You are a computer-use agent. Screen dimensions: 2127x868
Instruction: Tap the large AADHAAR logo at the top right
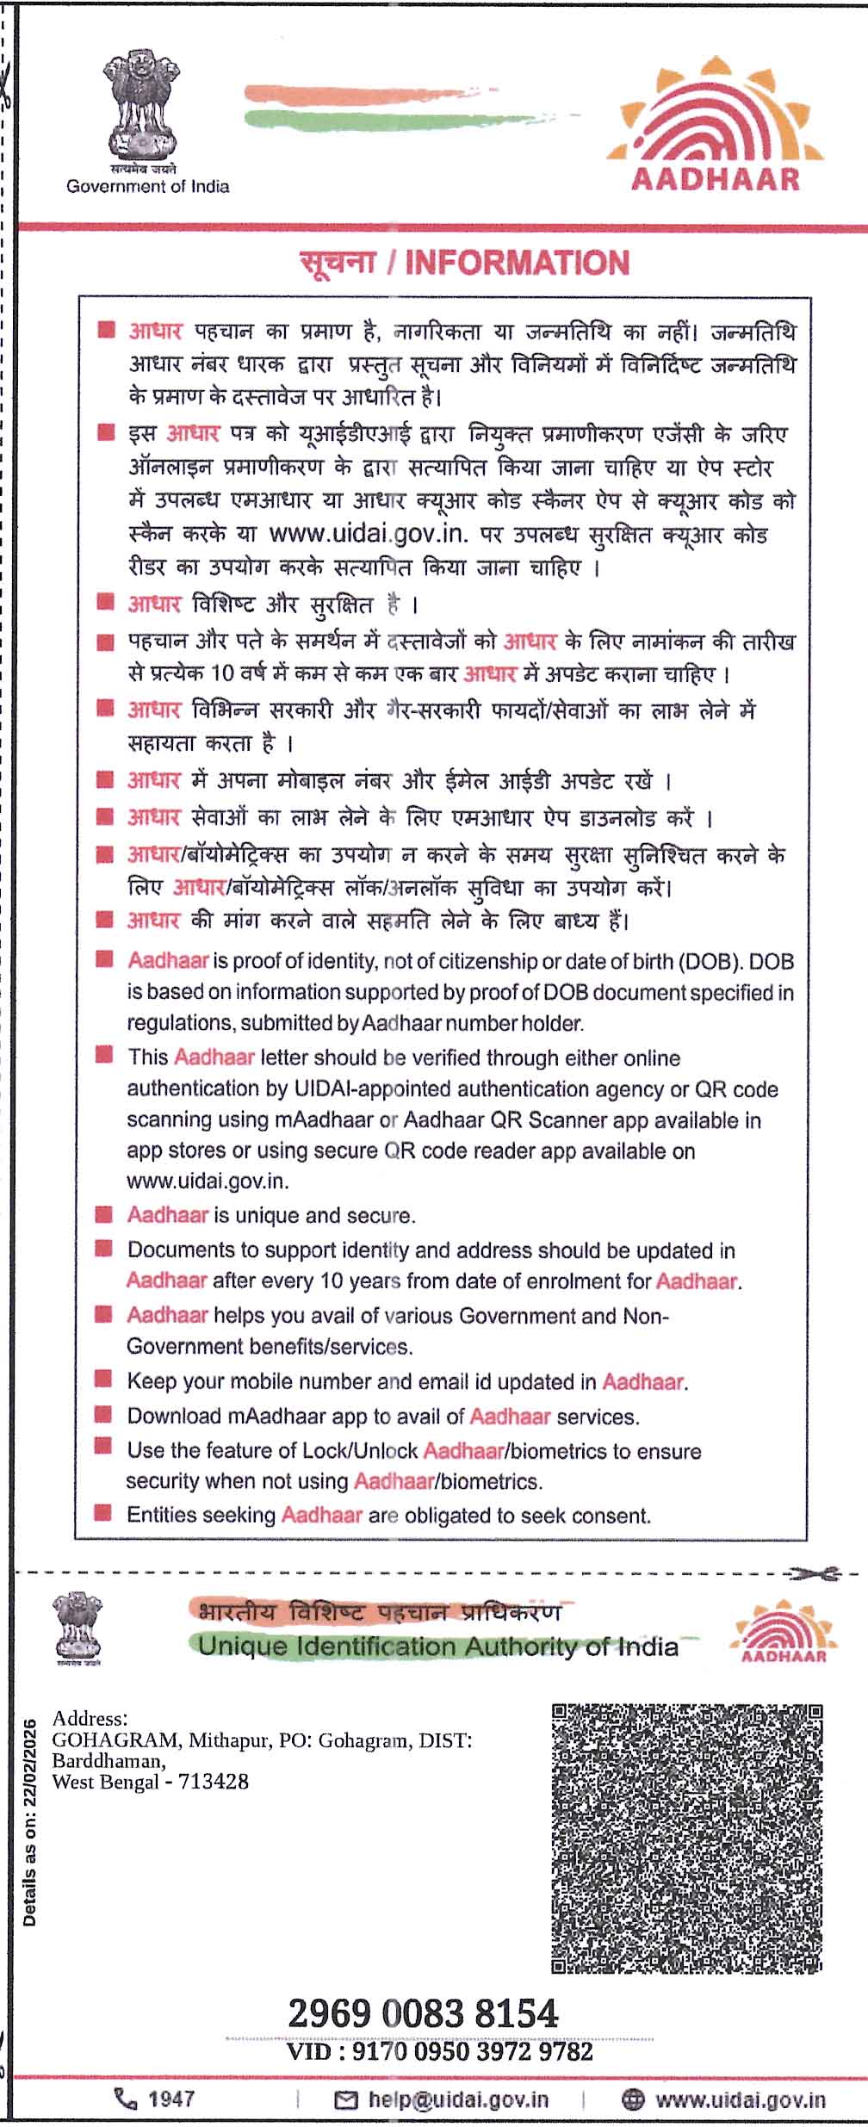point(716,125)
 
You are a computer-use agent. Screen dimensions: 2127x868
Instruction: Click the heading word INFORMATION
point(517,263)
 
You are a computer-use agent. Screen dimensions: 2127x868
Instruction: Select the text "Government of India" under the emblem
point(148,186)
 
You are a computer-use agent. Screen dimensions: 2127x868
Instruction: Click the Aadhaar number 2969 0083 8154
point(423,2014)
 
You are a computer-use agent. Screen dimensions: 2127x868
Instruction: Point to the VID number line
point(440,2052)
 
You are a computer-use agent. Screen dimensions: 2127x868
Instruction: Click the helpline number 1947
point(170,2099)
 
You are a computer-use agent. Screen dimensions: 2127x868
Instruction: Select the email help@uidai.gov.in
point(458,2099)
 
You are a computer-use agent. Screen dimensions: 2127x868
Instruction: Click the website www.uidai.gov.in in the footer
point(741,2099)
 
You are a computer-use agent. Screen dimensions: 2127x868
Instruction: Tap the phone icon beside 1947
point(126,2099)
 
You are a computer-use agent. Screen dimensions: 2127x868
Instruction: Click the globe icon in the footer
point(633,2099)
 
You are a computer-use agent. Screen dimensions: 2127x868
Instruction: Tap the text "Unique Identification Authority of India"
point(437,1646)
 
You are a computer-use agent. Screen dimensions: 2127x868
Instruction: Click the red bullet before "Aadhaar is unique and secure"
point(103,1214)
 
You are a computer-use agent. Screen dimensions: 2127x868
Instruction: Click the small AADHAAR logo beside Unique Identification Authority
point(778,1631)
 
